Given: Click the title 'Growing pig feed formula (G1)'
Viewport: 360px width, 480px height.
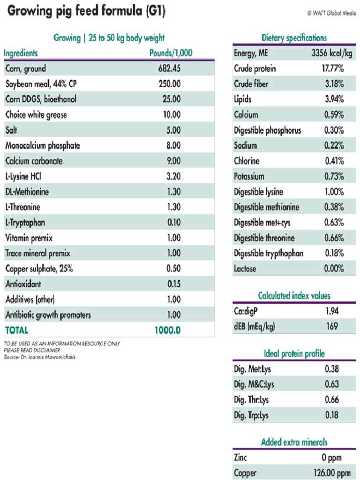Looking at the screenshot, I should [86, 11].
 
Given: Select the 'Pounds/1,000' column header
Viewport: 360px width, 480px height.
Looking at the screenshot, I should [171, 53].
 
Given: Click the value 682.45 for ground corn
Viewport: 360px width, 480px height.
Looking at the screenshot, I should [169, 69].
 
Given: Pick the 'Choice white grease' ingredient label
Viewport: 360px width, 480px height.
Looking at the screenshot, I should [36, 115].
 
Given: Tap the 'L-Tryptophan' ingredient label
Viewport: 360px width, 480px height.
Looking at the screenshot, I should [25, 223].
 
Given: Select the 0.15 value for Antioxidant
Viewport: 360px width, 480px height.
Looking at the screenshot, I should [173, 284].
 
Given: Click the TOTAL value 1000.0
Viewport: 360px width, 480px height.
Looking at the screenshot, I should [167, 330].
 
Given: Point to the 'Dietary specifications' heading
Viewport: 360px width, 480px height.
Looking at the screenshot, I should [294, 38].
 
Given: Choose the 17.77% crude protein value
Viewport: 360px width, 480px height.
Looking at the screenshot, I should [332, 69].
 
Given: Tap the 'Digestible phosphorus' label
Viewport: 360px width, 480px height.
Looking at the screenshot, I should [267, 130].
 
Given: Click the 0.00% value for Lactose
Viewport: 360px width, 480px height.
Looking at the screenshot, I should [334, 269].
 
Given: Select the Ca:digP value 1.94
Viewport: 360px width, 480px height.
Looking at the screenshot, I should [332, 311].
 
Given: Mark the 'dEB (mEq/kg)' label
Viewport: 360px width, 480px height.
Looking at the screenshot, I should [254, 326].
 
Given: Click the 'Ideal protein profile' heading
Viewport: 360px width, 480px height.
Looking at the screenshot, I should [294, 353].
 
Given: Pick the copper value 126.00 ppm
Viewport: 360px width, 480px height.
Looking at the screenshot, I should [332, 472].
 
